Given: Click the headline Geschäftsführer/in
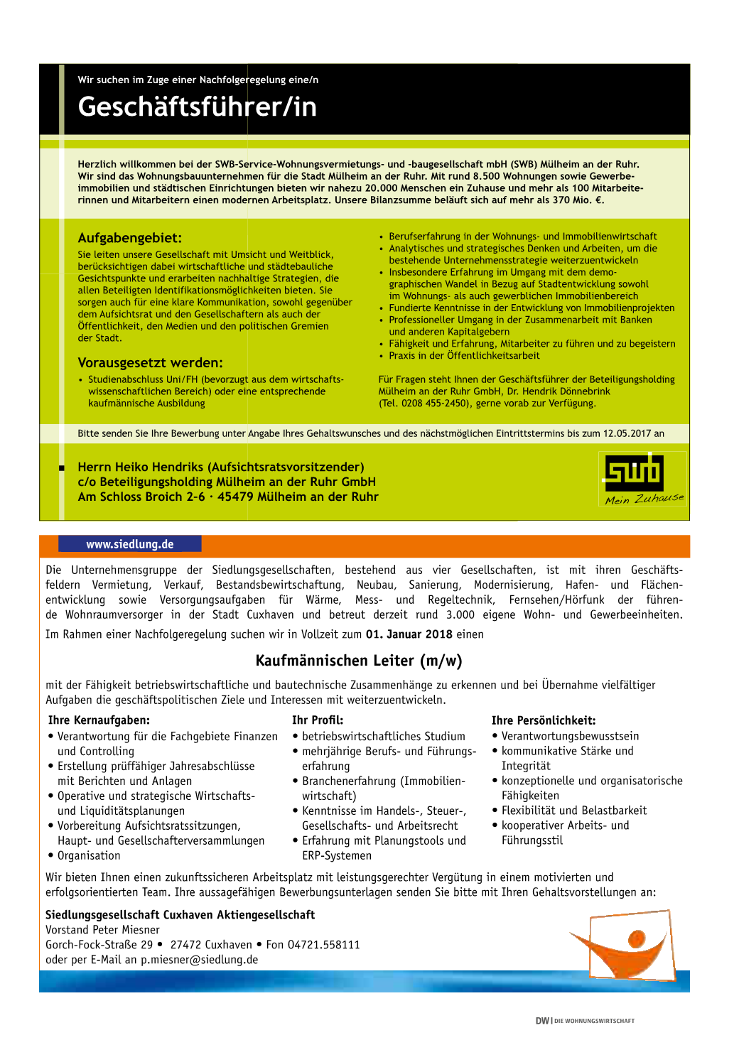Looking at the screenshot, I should pos(197,107).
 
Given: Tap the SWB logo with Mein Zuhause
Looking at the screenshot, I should pos(643,478).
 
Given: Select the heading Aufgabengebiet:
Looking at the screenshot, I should pos(129,238).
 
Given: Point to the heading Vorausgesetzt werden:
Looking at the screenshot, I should pos(150,362).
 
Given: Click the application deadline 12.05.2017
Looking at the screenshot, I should pos(627,433).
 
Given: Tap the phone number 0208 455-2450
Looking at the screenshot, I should pos(433,404).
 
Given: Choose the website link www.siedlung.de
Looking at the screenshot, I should pos(130,544).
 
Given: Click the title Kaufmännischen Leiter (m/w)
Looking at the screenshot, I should pos(359,661).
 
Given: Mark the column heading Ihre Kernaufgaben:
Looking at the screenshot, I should pos(99,720).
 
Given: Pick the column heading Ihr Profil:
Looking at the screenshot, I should pos(318,720).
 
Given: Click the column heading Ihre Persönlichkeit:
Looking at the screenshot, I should pos(544,720).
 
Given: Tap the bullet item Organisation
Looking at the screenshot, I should pos(89,855).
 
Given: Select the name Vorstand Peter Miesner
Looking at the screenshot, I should pos(102,930).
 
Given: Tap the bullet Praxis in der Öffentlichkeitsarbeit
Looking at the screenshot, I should pos(464,356).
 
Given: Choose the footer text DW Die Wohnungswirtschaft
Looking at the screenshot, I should pos(585,1021).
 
